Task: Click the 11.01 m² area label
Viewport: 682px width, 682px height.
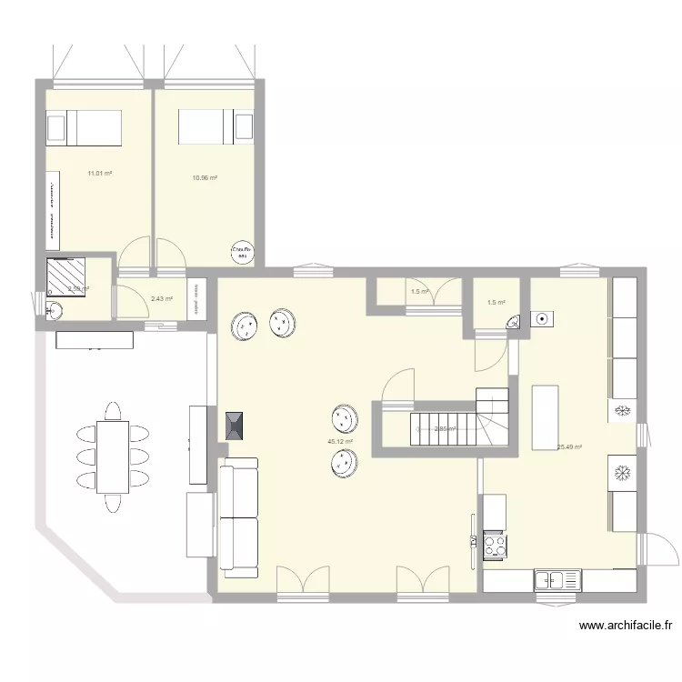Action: point(99,173)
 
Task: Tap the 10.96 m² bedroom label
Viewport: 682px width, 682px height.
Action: point(205,177)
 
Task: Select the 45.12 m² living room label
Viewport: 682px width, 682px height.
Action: point(340,443)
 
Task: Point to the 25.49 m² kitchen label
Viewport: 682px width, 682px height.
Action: point(570,447)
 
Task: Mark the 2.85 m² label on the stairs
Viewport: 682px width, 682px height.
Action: point(445,429)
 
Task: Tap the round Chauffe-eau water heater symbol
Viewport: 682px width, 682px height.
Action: point(241,252)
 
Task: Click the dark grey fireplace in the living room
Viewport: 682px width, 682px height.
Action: point(234,426)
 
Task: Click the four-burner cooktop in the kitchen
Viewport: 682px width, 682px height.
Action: point(496,545)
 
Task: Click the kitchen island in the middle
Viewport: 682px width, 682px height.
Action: point(544,417)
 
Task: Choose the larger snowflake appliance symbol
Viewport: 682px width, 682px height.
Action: point(624,475)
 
